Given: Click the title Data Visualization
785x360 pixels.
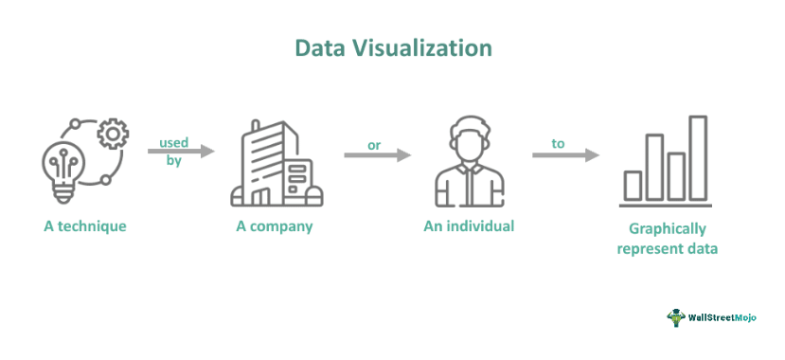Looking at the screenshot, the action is coord(393,48).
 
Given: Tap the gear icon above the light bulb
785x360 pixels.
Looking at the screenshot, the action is coord(113,134).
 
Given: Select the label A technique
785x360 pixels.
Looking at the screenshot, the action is coord(85,226).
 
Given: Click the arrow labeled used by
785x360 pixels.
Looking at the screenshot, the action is coord(181,151).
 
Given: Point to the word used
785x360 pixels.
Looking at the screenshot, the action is coord(173,143).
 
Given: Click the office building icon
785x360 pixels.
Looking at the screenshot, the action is coord(277,163).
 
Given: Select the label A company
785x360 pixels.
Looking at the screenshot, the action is coord(275,226).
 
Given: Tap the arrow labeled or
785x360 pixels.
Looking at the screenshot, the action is coord(378,155).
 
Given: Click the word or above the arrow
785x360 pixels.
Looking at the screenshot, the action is coord(374,145).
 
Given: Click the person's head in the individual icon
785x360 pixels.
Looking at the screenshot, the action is coord(470,136).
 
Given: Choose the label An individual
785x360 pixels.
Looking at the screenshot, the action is coord(469,226).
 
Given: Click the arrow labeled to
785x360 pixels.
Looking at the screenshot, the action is coord(565,155).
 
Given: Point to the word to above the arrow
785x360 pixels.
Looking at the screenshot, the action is coord(558,144).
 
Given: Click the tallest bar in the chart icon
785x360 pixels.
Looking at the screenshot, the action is coord(698,157).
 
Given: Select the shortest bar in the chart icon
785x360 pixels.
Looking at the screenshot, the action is coord(633,186).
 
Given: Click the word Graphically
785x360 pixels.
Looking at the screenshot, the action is coord(668,229).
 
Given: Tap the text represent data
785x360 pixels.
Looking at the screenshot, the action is coord(668,249).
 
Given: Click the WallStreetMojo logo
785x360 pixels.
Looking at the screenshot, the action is coord(711,317).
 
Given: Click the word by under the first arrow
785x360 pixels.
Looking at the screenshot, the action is coord(173,161).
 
